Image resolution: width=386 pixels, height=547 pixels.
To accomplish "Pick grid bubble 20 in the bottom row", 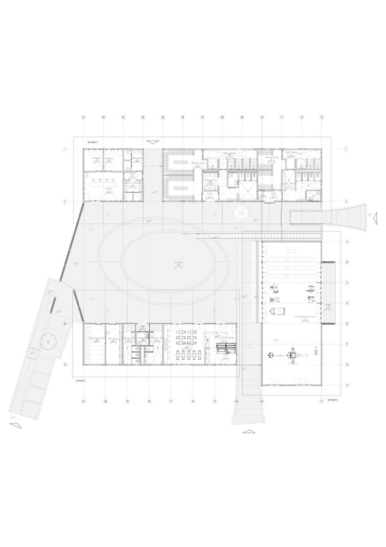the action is click(x=104, y=401).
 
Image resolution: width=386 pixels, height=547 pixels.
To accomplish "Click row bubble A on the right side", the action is click(x=347, y=242).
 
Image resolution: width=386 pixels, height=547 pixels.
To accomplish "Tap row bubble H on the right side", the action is click(x=347, y=385).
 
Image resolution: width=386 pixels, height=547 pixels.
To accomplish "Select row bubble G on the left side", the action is click(x=65, y=364).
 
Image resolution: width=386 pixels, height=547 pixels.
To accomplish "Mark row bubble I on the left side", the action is click(x=65, y=150).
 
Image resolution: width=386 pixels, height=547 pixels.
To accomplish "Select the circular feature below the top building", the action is click(x=240, y=212).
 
